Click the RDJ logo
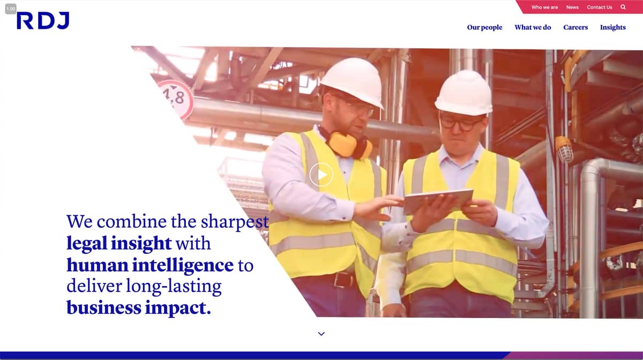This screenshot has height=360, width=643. click(43, 21)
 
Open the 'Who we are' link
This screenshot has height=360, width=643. click(544, 7)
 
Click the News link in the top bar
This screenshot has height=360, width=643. click(572, 7)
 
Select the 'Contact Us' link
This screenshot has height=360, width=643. click(600, 7)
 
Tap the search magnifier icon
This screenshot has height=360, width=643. click(623, 7)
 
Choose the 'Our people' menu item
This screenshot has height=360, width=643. click(484, 27)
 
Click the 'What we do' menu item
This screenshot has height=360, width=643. click(533, 27)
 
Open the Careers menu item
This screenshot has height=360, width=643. click(575, 27)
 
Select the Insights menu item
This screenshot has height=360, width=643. click(613, 27)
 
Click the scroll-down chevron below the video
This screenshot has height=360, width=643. click(321, 334)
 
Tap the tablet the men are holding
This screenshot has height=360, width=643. click(438, 201)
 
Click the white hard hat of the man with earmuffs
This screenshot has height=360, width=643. click(353, 81)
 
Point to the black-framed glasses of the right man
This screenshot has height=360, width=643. click(461, 123)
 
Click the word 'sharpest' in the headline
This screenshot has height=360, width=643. click(235, 222)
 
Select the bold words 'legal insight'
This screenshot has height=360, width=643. click(119, 243)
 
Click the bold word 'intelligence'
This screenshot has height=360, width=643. click(183, 265)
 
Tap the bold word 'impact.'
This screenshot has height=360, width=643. click(178, 308)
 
